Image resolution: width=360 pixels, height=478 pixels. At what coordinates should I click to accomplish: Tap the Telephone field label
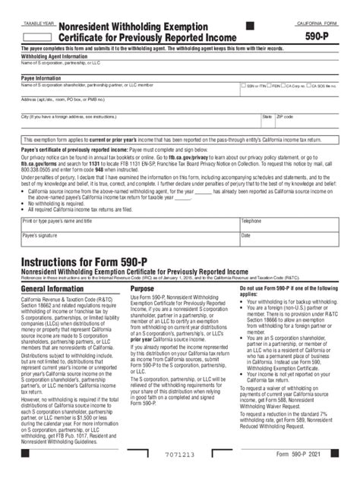click(252, 221)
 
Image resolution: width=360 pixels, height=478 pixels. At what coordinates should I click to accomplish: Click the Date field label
click(246, 235)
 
